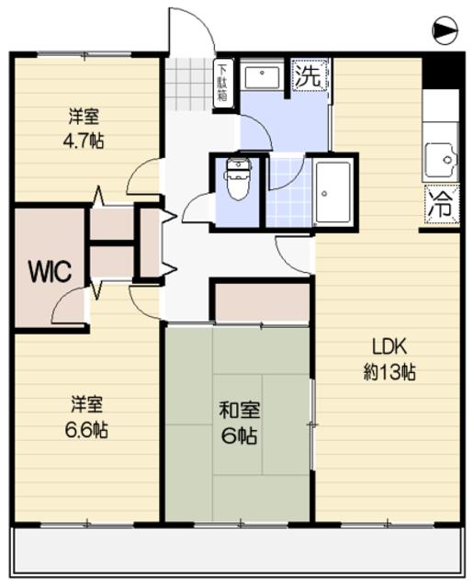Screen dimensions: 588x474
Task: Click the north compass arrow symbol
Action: [445, 32]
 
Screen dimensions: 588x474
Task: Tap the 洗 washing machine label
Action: [309, 77]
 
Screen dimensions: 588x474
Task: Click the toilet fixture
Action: [238, 180]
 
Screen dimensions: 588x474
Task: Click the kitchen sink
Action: [441, 162]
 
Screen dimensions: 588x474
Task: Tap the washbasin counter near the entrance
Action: [266, 77]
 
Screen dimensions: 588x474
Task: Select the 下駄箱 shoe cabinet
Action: [222, 85]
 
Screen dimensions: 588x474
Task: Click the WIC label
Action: [44, 271]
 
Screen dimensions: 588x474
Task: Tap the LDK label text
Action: [389, 346]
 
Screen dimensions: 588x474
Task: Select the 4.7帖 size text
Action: [84, 143]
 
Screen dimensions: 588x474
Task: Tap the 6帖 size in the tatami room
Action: [237, 435]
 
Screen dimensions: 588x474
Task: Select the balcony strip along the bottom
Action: [237, 551]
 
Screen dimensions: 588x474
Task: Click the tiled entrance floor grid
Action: [189, 85]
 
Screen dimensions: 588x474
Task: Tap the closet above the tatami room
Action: [261, 302]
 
